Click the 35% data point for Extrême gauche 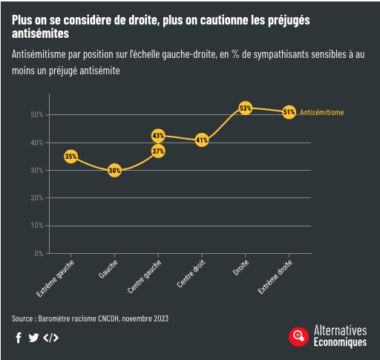click(x=71, y=157)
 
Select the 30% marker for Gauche click(x=114, y=170)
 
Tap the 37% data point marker click(x=158, y=151)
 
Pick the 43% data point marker click(x=158, y=135)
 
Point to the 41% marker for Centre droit click(x=201, y=140)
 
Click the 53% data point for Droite click(x=245, y=108)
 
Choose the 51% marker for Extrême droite click(x=289, y=112)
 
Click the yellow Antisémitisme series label click(x=321, y=112)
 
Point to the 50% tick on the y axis click(x=36, y=114)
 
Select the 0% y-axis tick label click(x=38, y=253)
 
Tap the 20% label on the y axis click(x=36, y=197)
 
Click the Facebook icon click(x=18, y=338)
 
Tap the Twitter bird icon click(x=33, y=338)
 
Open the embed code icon click(x=50, y=338)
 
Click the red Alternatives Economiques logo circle click(x=298, y=336)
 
